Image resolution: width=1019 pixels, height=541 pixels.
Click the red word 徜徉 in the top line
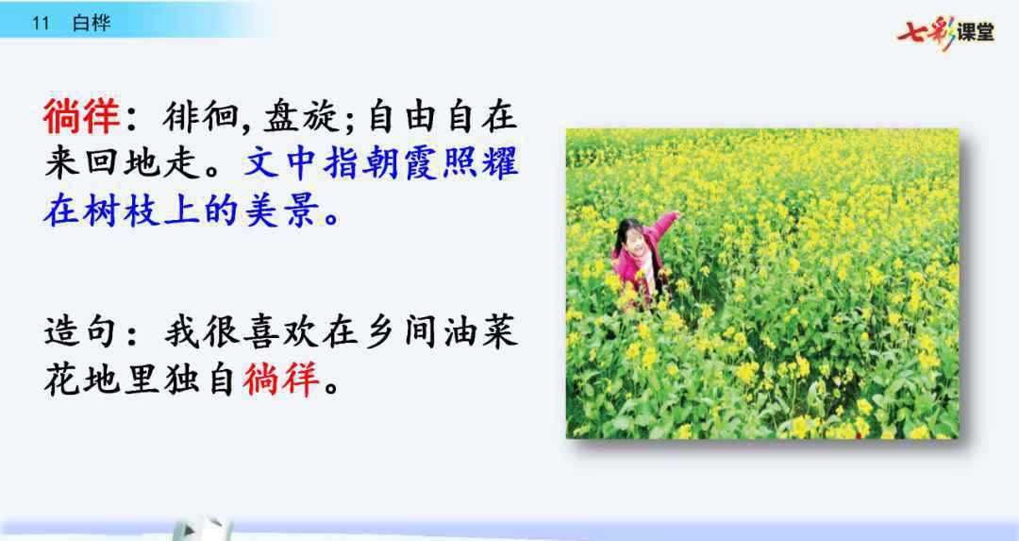(x=82, y=116)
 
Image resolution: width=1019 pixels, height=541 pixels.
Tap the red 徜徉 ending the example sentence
(x=281, y=380)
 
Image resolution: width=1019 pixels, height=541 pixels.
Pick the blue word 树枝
(x=121, y=210)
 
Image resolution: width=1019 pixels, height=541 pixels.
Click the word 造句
(x=82, y=332)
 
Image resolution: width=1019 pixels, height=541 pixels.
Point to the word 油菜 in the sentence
(x=481, y=332)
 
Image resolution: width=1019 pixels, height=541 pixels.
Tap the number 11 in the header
(x=41, y=23)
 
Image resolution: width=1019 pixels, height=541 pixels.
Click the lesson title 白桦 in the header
(x=91, y=23)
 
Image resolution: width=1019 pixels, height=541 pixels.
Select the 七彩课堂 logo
(x=945, y=30)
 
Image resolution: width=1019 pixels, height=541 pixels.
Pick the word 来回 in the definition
(x=82, y=162)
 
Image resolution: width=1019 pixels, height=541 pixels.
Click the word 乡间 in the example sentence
(x=402, y=332)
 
